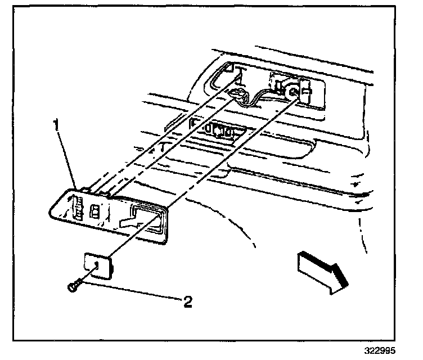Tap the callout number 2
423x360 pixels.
pos(188,302)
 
